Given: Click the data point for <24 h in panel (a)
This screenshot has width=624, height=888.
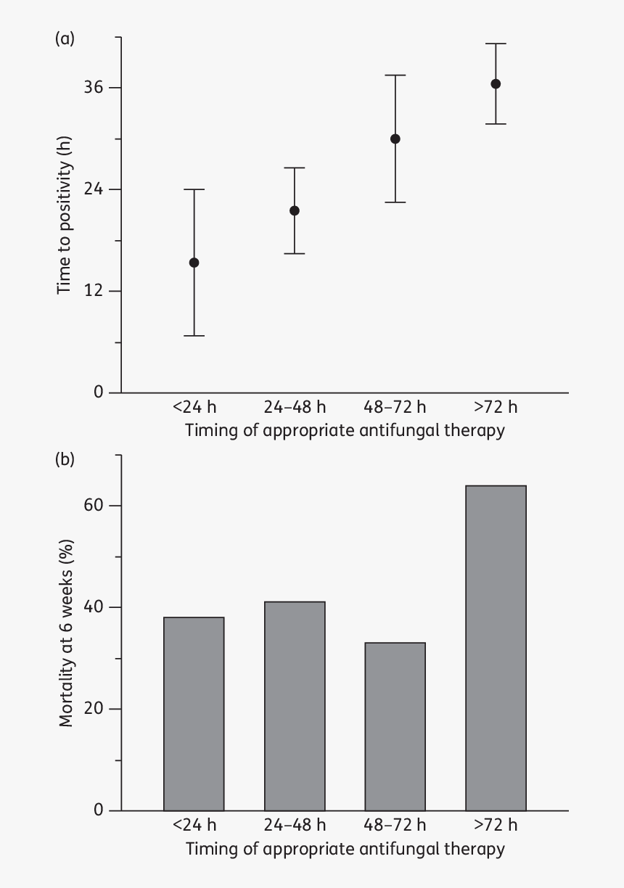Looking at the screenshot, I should pyautogui.click(x=194, y=263).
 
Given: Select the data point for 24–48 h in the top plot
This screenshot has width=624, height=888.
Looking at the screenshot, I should pyautogui.click(x=295, y=211).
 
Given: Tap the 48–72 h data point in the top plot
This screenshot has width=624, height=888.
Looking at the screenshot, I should pyautogui.click(x=395, y=139).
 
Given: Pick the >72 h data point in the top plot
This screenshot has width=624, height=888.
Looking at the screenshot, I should pyautogui.click(x=496, y=84).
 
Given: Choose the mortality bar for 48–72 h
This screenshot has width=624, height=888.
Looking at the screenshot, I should pyautogui.click(x=395, y=725).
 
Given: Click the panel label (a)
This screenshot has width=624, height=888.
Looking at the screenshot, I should pyautogui.click(x=65, y=39).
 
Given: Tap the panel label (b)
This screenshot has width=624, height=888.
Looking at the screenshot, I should pyautogui.click(x=65, y=460).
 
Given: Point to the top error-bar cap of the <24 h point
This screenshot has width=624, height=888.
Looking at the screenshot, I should pyautogui.click(x=194, y=189).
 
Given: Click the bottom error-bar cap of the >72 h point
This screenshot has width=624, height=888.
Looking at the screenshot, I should pyautogui.click(x=496, y=124).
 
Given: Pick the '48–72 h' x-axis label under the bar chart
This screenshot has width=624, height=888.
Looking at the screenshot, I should pyautogui.click(x=395, y=825).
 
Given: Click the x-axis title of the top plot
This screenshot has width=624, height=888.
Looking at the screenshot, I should pyautogui.click(x=345, y=430).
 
